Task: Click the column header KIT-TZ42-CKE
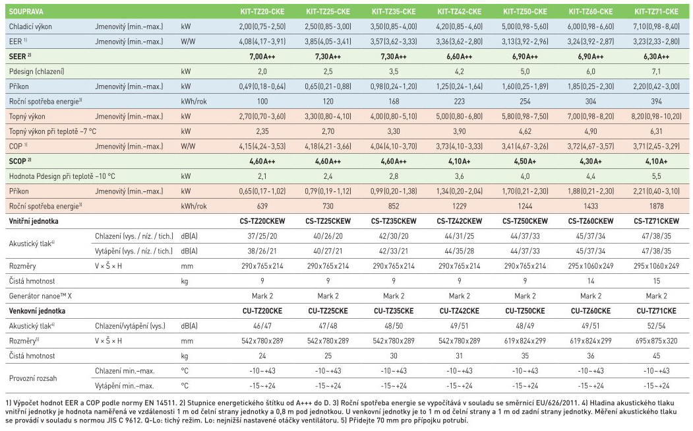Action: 460,11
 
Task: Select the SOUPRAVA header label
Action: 27,11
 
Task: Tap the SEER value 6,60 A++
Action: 460,57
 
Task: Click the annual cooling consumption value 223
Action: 460,101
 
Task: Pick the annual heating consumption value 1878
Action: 657,205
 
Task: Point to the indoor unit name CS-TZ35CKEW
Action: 394,220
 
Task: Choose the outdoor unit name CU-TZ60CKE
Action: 591,310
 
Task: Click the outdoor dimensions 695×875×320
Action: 657,341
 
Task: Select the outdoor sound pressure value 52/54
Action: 657,325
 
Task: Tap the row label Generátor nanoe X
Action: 40,296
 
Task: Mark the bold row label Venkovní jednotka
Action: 39,310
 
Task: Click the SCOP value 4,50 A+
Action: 525,161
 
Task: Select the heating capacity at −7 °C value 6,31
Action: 657,131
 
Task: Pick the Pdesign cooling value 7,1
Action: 657,71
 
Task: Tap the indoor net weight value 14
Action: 591,281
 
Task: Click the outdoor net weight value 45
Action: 657,355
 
